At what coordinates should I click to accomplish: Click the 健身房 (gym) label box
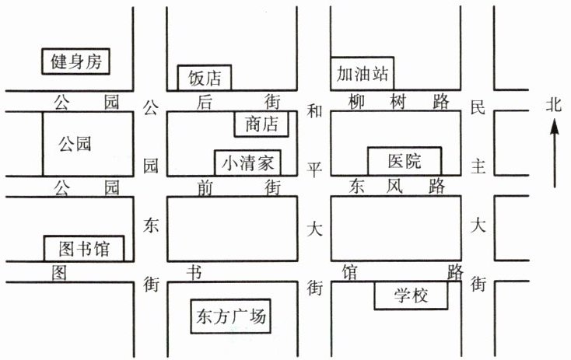(76, 61)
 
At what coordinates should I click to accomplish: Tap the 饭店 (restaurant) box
(205, 78)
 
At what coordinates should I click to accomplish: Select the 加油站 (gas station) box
(362, 74)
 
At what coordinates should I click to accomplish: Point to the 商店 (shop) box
(261, 124)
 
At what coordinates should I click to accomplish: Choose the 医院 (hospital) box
(405, 161)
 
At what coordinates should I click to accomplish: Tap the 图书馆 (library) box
(84, 249)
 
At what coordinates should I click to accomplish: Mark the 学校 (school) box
(412, 295)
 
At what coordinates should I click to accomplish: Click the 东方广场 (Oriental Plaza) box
(232, 317)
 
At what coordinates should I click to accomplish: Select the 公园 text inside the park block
(75, 144)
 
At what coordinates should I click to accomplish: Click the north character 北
(553, 104)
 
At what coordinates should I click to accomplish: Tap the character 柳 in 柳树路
(356, 101)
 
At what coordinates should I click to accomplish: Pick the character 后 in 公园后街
(205, 101)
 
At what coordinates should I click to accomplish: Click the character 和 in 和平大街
(314, 110)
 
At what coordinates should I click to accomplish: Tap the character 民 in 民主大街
(478, 108)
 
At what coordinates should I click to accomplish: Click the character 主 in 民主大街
(479, 166)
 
